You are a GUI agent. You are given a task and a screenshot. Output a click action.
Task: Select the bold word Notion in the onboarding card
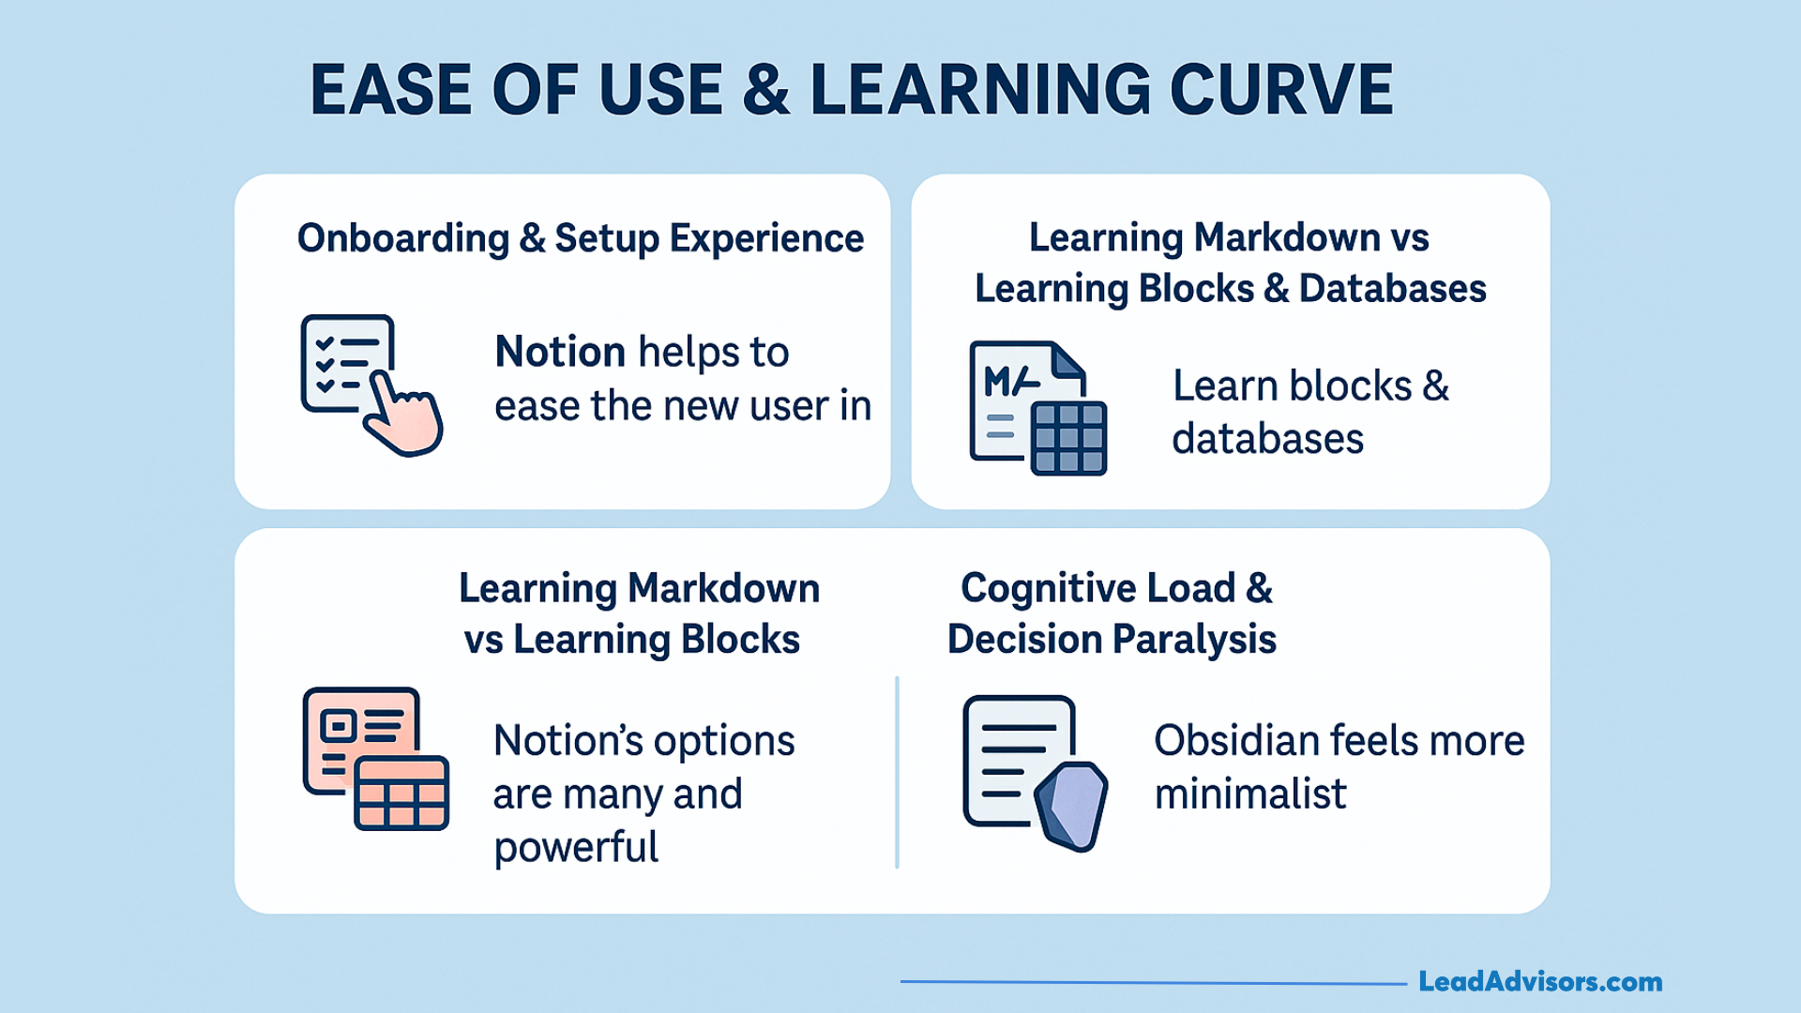click(x=560, y=353)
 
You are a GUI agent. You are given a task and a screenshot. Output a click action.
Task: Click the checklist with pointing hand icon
click(x=370, y=385)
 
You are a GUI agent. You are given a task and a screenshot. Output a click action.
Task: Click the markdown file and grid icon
click(x=1037, y=408)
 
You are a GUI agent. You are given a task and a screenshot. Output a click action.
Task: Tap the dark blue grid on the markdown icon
click(x=1068, y=438)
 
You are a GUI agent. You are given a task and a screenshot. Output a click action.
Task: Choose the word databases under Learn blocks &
click(x=1267, y=439)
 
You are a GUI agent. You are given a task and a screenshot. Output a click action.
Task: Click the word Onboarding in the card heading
click(x=403, y=238)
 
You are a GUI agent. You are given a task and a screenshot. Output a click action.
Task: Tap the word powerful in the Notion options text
click(x=576, y=847)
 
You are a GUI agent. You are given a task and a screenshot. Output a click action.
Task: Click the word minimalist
click(x=1249, y=794)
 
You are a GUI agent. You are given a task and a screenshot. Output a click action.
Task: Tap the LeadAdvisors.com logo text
click(x=1539, y=982)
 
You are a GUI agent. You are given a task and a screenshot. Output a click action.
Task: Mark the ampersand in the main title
click(x=765, y=90)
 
